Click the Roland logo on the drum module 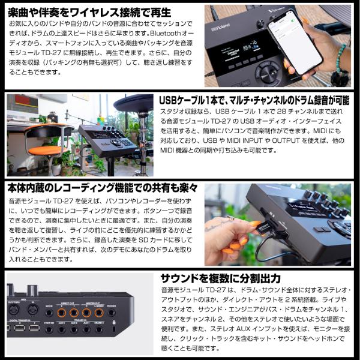(220, 27)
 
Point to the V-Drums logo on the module (277, 10)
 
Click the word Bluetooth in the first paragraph (166, 34)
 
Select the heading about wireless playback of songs (89, 13)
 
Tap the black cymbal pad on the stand (133, 103)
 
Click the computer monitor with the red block (23, 104)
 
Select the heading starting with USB (254, 100)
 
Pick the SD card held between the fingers (265, 229)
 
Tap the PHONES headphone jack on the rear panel (112, 313)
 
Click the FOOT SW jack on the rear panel (49, 329)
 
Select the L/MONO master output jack (99, 313)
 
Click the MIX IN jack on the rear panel (49, 313)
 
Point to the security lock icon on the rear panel (114, 322)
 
